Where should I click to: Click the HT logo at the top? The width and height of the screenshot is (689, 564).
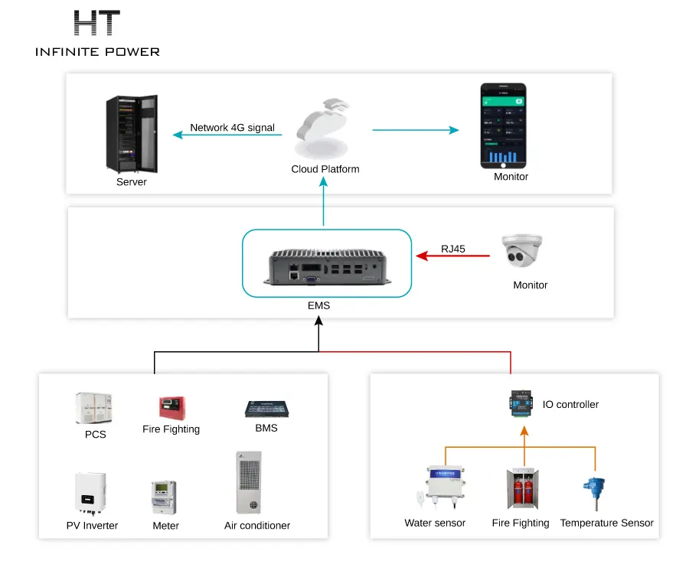pos(96,23)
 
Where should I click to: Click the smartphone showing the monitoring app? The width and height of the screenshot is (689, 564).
pos(503,126)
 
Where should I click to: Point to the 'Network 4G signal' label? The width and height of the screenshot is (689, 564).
pos(232,128)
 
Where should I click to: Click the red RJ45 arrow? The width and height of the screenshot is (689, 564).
pos(452,256)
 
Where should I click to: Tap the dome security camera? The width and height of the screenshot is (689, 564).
pos(523,252)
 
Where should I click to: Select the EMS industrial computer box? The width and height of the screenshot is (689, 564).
pos(326,263)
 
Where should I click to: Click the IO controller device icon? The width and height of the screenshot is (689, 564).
pos(524,404)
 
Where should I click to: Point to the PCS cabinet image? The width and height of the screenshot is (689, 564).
pos(93,409)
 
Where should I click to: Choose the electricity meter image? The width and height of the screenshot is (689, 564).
pos(164,498)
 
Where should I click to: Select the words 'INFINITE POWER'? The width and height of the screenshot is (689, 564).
pos(97,52)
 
